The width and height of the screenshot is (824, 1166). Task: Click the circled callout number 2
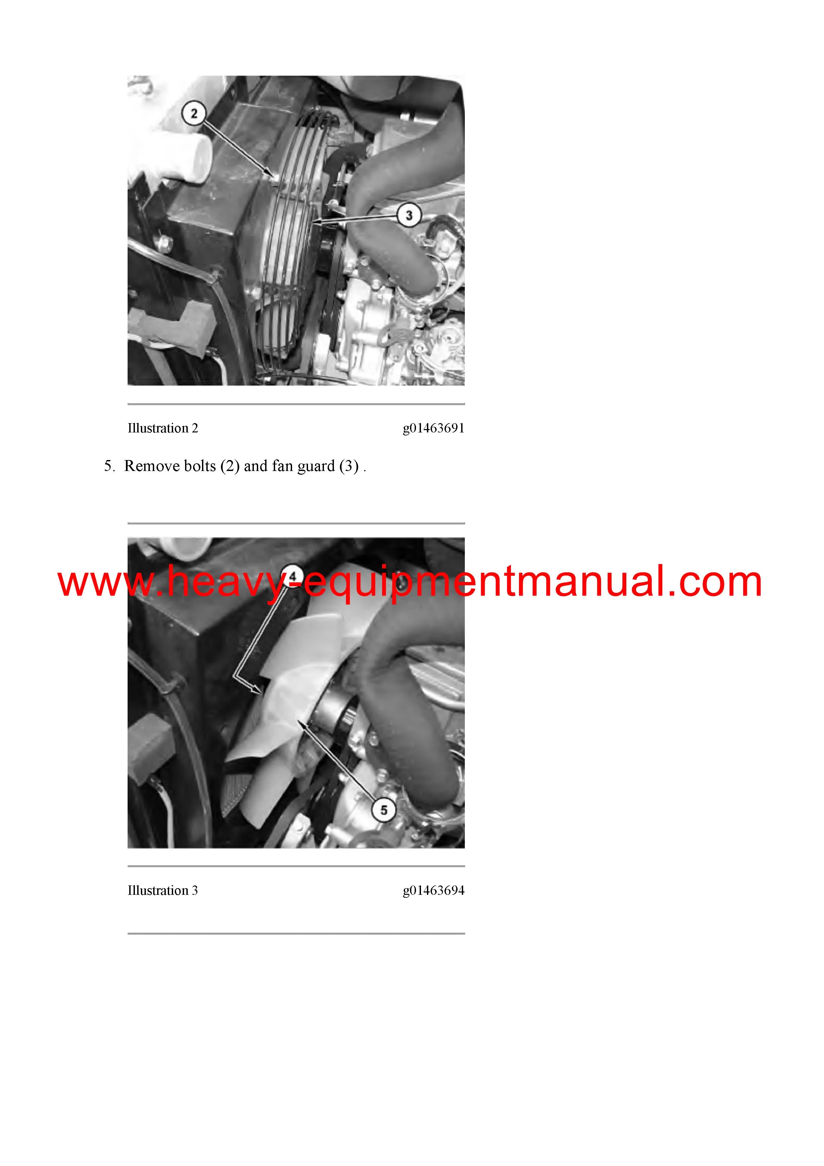coord(193,113)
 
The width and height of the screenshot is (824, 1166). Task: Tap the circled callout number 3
coord(409,215)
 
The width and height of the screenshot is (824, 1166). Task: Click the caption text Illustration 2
coord(163,428)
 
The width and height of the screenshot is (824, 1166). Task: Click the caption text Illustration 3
coord(163,890)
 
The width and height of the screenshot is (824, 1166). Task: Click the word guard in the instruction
coord(316,467)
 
